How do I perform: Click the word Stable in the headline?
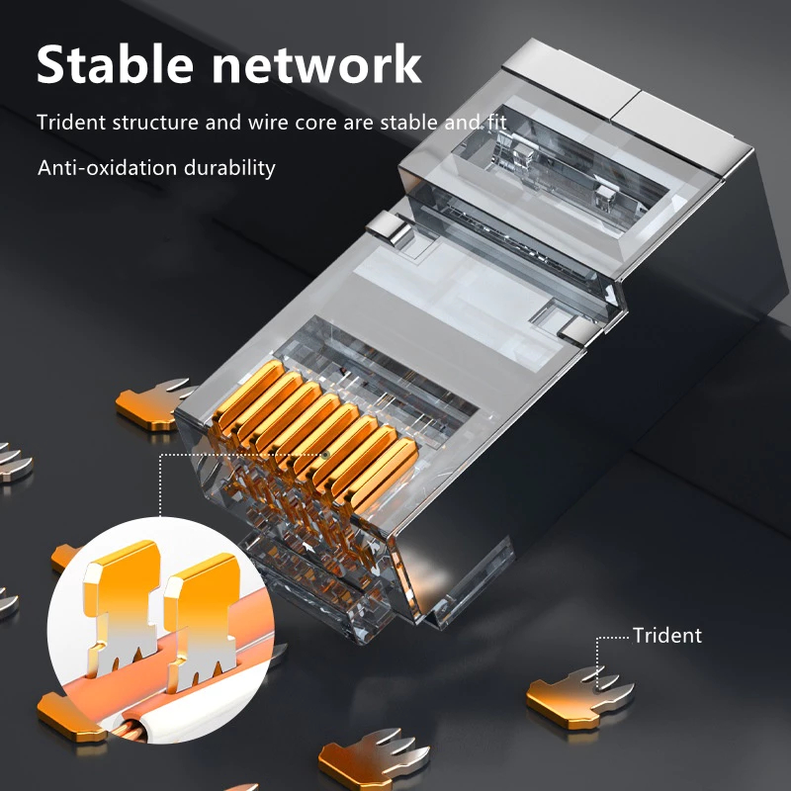tap(115, 63)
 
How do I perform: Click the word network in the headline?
tap(316, 64)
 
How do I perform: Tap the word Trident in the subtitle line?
tap(71, 123)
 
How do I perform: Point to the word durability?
tap(229, 168)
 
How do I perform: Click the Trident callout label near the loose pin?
tap(666, 636)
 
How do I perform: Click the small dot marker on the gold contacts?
tap(326, 455)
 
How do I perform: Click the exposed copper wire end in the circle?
tap(132, 732)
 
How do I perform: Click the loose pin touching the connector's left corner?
tap(154, 403)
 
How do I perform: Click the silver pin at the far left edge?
tap(14, 463)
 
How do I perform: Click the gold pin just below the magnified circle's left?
tap(70, 716)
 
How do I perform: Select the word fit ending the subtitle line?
tap(497, 123)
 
